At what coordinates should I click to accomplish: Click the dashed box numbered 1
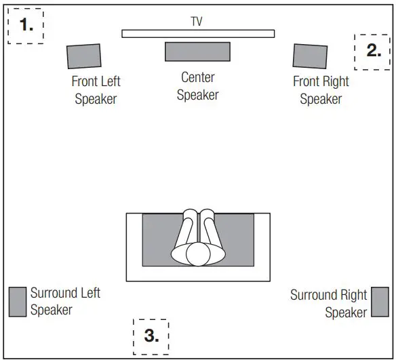point(26,26)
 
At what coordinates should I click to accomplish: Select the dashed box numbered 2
point(373,50)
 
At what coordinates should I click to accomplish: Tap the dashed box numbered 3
point(151,335)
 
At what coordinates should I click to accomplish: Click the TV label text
point(197,22)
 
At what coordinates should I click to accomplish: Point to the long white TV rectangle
point(198,33)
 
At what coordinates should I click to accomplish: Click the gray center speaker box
point(197,52)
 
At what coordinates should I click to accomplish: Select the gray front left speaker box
point(84,56)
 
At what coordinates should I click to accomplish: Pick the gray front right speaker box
point(310,56)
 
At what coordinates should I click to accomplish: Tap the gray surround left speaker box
point(18,302)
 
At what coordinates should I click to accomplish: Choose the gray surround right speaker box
point(380,302)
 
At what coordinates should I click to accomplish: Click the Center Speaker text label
point(197,86)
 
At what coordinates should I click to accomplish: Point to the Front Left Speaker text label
point(96,90)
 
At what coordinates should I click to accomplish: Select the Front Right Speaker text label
point(321,90)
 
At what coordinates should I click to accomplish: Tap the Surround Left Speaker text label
point(65,302)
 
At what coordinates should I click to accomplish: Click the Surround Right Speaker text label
point(329,304)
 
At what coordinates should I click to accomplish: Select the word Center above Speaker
point(197,78)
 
